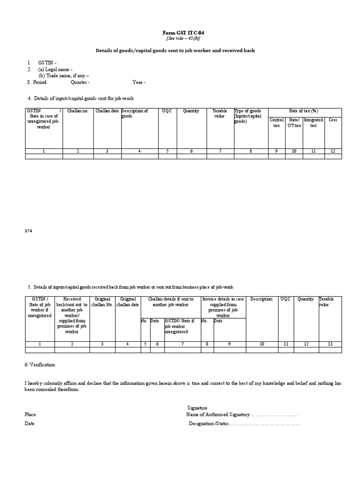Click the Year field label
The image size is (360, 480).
(139, 82)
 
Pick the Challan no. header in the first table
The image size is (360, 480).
(78, 111)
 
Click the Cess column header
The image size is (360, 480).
(333, 120)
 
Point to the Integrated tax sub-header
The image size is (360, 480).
(314, 123)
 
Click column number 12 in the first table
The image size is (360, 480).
(333, 151)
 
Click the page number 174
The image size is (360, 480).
(29, 231)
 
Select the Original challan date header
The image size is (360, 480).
(128, 302)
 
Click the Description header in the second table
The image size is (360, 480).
(262, 299)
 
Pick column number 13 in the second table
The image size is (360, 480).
(330, 344)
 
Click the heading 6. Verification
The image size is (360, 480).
(40, 365)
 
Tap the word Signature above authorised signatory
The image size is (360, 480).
(197, 408)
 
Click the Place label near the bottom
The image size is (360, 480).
(30, 415)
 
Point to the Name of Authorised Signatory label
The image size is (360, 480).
(217, 415)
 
